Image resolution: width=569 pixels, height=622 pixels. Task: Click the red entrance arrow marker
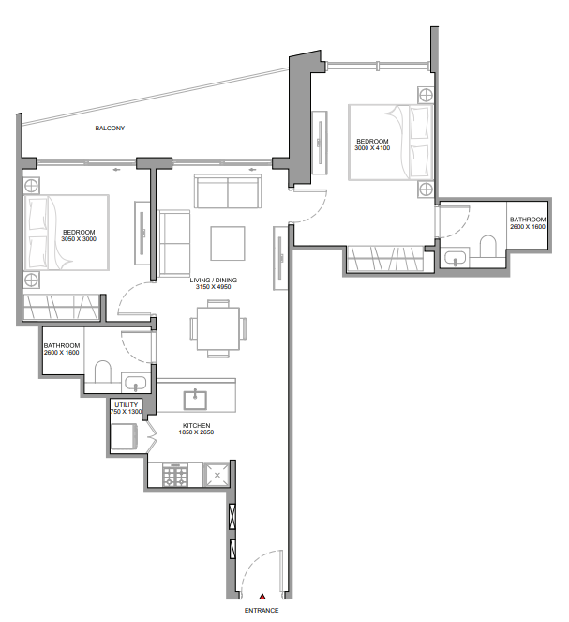tap(262, 596)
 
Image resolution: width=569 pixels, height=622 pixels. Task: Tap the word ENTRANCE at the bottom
tap(262, 611)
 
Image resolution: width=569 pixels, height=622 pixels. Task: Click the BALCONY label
tap(110, 128)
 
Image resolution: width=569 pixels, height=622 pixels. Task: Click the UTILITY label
tap(126, 404)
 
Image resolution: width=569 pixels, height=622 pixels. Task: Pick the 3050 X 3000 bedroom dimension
tap(79, 239)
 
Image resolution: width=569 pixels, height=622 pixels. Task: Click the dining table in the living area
tap(218, 328)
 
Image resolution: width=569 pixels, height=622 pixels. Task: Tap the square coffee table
tap(228, 243)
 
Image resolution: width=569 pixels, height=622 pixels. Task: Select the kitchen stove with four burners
tap(175, 475)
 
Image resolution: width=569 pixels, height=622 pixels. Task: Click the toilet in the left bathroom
tap(103, 372)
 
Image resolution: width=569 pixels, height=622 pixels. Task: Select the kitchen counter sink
tap(196, 398)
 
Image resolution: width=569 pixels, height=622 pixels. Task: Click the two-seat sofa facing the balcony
tap(226, 191)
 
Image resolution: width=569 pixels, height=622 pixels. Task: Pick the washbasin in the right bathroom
tap(457, 257)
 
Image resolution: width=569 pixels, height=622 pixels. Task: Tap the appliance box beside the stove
tap(217, 475)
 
